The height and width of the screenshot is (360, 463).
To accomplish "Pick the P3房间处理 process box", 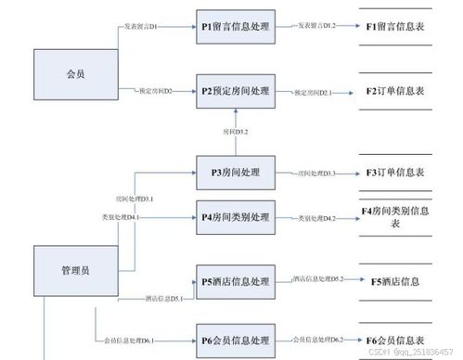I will tap(235, 172).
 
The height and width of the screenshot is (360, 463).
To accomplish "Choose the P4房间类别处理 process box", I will tap(235, 217).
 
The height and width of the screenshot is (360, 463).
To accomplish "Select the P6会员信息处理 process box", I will tap(235, 339).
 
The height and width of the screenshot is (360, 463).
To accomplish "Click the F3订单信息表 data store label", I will tap(393, 172).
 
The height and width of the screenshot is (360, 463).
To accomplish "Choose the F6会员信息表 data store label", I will tap(393, 339).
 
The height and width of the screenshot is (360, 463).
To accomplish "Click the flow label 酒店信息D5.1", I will tap(163, 298).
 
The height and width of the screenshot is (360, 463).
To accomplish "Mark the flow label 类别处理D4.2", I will tap(316, 218).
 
